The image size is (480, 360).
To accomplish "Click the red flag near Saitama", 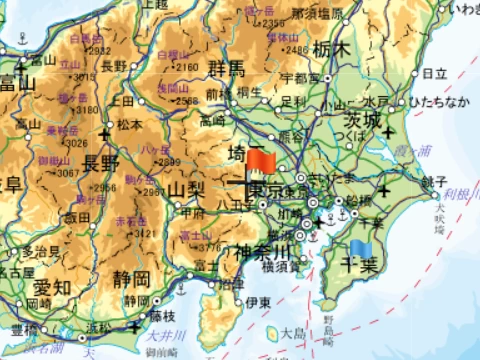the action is click(264, 160).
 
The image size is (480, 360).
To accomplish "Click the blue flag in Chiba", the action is click(361, 248).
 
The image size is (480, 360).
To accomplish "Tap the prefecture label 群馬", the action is click(226, 69).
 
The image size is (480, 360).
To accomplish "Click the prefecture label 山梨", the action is click(186, 188).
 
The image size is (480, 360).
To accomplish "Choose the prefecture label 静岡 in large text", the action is click(131, 277).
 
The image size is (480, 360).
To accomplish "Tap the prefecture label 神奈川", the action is click(261, 250).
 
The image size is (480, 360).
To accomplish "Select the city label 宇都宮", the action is click(300, 77).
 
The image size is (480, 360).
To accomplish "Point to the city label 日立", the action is click(435, 73).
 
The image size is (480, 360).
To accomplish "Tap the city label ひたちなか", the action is click(437, 102).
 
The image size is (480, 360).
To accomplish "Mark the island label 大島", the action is click(293, 332).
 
